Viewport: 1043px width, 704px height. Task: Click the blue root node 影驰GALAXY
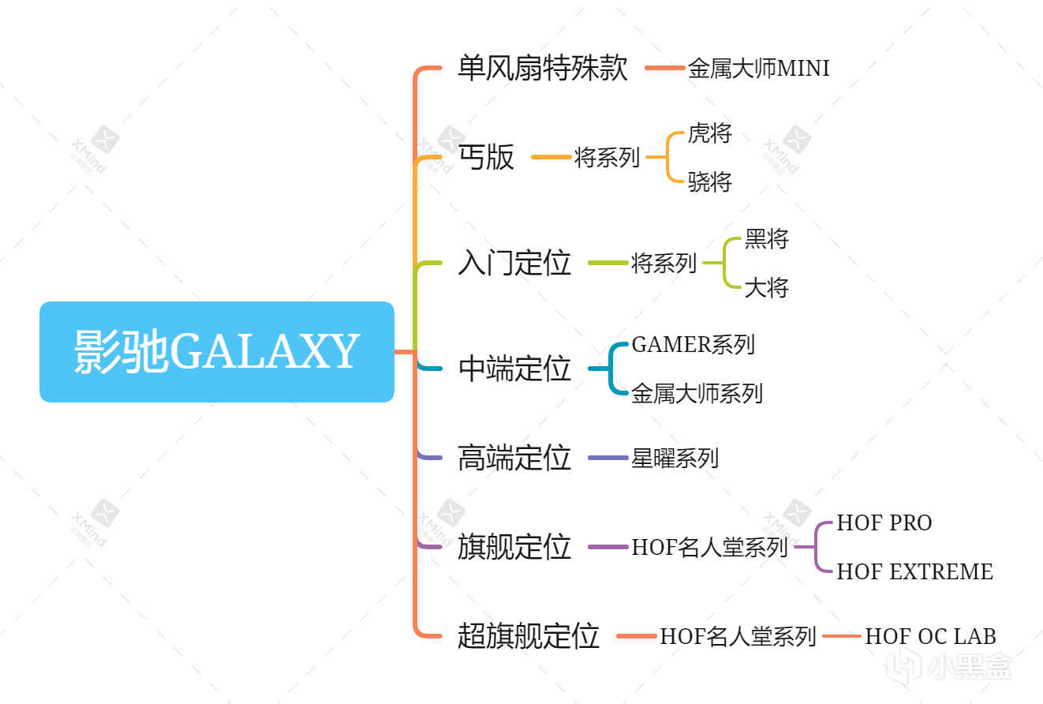pyautogui.click(x=217, y=352)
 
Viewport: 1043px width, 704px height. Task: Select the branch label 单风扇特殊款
pyautogui.click(x=543, y=68)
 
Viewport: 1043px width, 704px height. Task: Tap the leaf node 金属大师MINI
pyautogui.click(x=759, y=69)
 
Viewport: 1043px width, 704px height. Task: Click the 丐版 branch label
pyautogui.click(x=486, y=157)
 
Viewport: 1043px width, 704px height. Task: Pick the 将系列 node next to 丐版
pyautogui.click(x=607, y=158)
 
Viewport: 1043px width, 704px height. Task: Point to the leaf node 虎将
pyautogui.click(x=710, y=133)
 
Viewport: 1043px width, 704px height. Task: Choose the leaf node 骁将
pyautogui.click(x=710, y=182)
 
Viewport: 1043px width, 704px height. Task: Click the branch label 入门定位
pyautogui.click(x=514, y=263)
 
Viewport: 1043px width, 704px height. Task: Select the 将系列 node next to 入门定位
pyautogui.click(x=664, y=263)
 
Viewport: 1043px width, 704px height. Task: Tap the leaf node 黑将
pyautogui.click(x=767, y=239)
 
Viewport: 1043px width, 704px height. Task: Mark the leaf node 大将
pyautogui.click(x=767, y=287)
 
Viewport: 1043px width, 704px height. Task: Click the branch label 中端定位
pyautogui.click(x=514, y=369)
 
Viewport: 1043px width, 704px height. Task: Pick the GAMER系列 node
pyautogui.click(x=693, y=345)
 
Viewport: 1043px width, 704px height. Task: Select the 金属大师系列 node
pyautogui.click(x=697, y=393)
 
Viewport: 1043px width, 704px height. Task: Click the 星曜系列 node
pyautogui.click(x=675, y=458)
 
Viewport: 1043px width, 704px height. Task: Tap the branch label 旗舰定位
pyautogui.click(x=514, y=547)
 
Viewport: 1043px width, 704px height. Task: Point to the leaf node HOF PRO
pyautogui.click(x=884, y=523)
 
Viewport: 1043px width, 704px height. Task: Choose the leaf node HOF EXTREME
pyautogui.click(x=915, y=571)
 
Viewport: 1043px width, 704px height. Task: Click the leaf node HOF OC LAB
pyautogui.click(x=931, y=636)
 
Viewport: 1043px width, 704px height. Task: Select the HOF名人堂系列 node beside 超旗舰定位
pyautogui.click(x=738, y=636)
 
